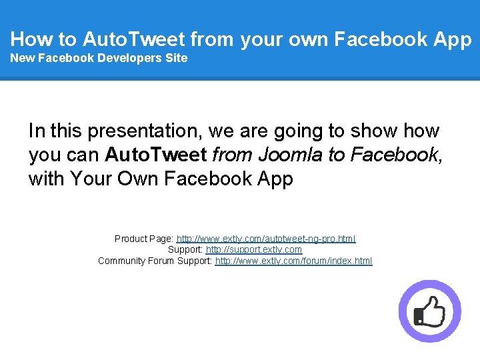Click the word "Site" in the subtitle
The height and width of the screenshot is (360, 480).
[x=176, y=58]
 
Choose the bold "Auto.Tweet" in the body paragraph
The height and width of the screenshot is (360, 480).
[x=156, y=155]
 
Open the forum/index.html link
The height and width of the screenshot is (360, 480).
[x=293, y=261]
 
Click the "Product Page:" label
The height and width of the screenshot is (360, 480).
[x=144, y=239]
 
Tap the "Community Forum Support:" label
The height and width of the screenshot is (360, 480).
[x=155, y=261]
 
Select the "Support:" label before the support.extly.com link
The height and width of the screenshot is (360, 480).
[x=185, y=249]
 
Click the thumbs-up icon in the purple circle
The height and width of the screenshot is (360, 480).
[x=429, y=311]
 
